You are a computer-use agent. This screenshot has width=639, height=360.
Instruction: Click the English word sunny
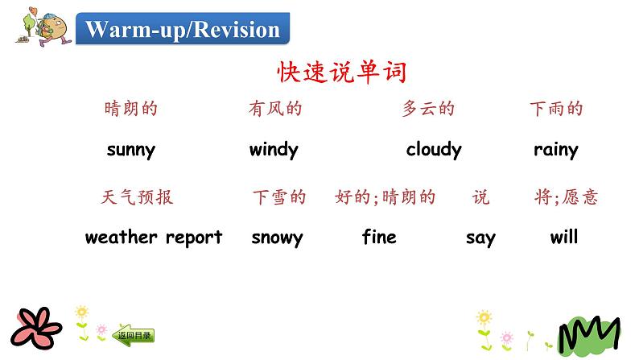click(x=130, y=149)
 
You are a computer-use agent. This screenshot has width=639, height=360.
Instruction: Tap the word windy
click(x=274, y=149)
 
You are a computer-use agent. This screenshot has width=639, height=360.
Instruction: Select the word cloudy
click(x=434, y=149)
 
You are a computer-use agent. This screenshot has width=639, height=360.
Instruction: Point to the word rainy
click(x=555, y=149)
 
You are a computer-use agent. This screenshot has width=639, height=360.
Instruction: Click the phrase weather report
click(x=153, y=238)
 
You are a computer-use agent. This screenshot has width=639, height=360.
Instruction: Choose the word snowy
click(x=277, y=238)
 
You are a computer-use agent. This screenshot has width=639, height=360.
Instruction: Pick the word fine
click(x=379, y=238)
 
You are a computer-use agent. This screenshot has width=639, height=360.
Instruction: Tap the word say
click(x=480, y=238)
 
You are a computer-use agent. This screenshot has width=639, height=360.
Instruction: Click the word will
click(x=564, y=238)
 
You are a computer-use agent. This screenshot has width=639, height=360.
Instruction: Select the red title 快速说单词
click(x=342, y=72)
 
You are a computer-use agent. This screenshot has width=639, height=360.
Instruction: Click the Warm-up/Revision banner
click(x=183, y=30)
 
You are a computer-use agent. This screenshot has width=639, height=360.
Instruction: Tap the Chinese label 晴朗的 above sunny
click(x=131, y=109)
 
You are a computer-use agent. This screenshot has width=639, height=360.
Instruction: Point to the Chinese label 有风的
click(x=275, y=109)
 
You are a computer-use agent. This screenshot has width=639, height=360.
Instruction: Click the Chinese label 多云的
click(x=428, y=109)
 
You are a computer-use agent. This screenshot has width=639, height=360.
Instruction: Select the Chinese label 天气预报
click(x=138, y=197)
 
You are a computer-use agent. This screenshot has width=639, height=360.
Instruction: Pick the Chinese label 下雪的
click(x=279, y=197)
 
